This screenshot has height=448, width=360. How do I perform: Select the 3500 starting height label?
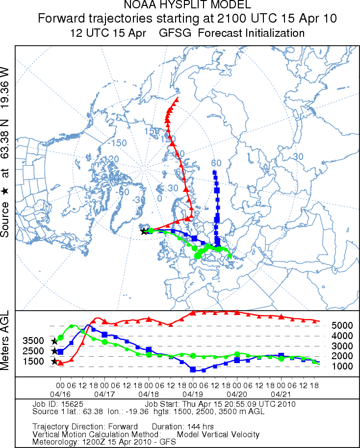pos(33,341)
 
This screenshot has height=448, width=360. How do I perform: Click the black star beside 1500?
pos(54,362)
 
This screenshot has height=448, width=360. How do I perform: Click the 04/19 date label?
pos(193,394)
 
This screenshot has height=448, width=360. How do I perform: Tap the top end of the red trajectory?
pos(177,99)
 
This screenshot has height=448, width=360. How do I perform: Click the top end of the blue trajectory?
pos(214,172)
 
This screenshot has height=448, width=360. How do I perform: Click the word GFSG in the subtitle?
pos(175,33)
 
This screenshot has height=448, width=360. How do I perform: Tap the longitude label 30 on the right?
pos(297,156)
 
